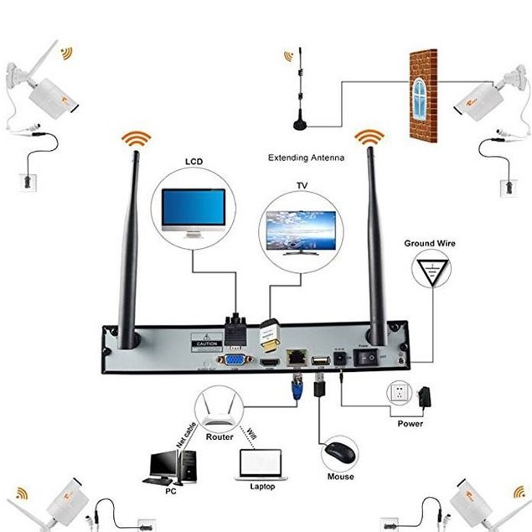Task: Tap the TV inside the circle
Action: [300, 229]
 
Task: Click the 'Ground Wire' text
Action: [431, 244]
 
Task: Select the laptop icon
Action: [259, 465]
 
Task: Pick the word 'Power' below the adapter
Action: [411, 424]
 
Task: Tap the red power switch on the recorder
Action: [367, 357]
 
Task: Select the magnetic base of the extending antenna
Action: [299, 126]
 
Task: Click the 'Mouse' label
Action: [340, 477]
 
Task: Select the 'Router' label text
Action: [220, 436]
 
